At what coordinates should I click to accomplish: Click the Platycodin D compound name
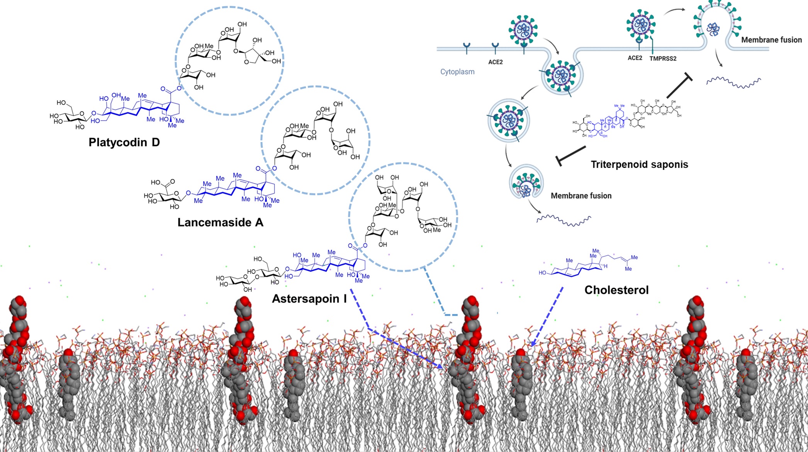[124, 142]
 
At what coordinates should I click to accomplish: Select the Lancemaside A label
[220, 223]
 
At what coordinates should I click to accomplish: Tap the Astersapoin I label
[309, 299]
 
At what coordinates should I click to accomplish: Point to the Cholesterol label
[616, 290]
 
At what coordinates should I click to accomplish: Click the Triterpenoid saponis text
[639, 165]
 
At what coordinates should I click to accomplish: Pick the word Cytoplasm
[457, 72]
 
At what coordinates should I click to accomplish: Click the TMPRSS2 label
[663, 59]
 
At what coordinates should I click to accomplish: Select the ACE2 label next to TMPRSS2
[635, 58]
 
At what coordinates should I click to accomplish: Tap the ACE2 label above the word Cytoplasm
[495, 62]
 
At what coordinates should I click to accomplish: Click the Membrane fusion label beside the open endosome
[581, 196]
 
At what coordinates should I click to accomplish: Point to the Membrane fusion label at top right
[771, 40]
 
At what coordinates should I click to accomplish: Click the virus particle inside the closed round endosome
[508, 120]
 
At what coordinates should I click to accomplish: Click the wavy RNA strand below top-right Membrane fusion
[733, 83]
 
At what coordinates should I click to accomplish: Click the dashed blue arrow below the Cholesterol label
[547, 316]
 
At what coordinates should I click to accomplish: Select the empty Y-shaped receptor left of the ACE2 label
[467, 48]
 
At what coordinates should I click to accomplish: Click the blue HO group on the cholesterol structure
[543, 273]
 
